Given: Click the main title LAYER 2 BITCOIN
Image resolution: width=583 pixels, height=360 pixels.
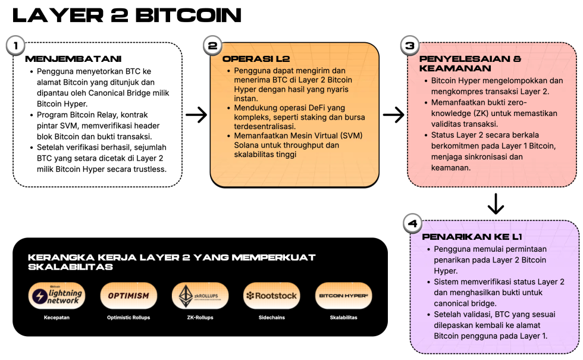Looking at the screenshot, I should [x=127, y=15].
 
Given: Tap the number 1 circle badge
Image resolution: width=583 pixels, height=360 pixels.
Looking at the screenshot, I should [x=15, y=45].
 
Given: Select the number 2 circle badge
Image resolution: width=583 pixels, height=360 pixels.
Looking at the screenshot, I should [x=212, y=45].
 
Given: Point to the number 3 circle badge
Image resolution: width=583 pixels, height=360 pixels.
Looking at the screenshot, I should [x=409, y=45].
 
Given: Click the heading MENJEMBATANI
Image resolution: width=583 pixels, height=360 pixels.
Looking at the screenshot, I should [x=73, y=59].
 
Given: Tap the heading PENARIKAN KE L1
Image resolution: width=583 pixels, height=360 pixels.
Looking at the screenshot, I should [x=472, y=236].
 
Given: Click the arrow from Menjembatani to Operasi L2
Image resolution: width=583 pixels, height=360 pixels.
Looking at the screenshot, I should [x=196, y=115].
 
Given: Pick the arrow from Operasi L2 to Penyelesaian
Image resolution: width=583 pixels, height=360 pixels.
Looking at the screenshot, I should [x=393, y=115].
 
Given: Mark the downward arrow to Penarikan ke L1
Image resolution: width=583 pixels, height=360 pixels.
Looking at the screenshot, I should [x=495, y=204].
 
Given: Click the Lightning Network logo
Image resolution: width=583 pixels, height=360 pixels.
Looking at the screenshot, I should [x=57, y=296].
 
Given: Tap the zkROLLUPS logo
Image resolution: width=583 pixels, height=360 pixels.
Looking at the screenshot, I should [x=200, y=296].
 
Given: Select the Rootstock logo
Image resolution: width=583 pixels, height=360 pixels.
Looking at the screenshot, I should [x=271, y=296].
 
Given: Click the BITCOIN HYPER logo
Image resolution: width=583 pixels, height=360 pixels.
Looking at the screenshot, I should [x=343, y=296].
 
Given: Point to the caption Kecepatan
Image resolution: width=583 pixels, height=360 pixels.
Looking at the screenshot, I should [x=57, y=318].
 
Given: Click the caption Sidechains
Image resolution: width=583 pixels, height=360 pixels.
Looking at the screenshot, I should [x=271, y=318].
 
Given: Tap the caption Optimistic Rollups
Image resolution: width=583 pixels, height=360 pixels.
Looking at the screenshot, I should [x=129, y=318].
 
